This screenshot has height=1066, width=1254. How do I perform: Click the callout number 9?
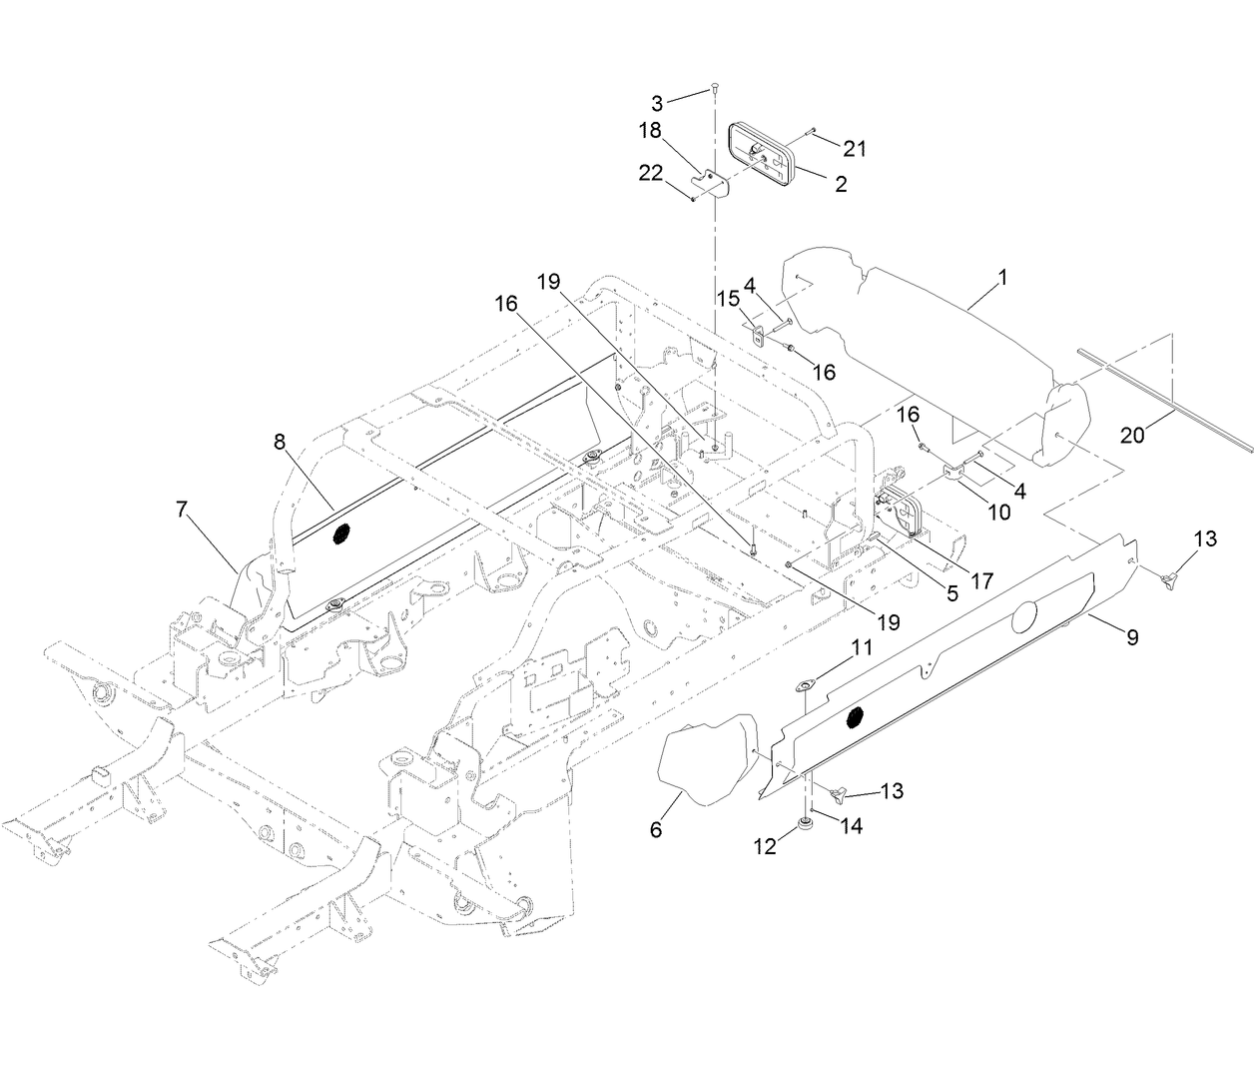(1131, 636)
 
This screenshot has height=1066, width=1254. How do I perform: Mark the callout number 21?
(854, 149)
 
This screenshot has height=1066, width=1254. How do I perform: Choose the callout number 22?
(680, 173)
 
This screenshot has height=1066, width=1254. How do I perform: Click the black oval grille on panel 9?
(855, 716)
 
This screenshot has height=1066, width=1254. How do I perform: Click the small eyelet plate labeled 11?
(804, 686)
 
